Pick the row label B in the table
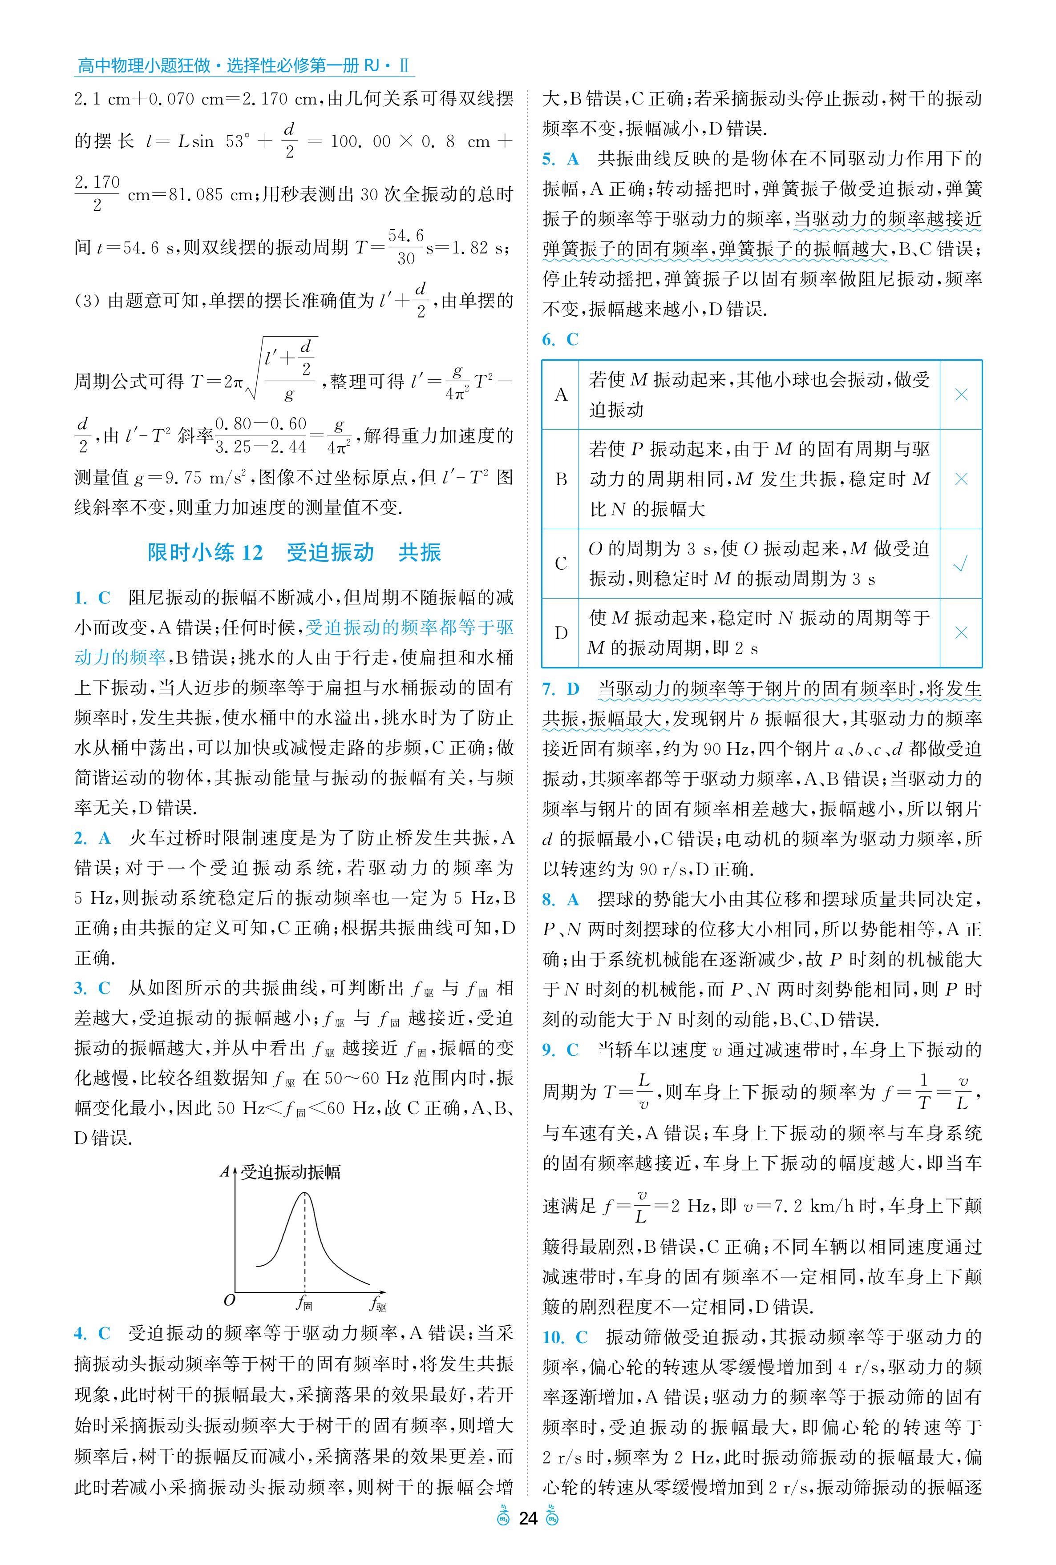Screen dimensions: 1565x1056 pos(560,479)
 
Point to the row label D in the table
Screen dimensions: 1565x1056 pos(560,633)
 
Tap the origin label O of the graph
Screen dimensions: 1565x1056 pos(229,1300)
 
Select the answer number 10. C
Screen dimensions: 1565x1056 pos(564,1337)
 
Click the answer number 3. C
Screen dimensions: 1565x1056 pos(92,988)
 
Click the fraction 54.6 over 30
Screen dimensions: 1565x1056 pos(405,246)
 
